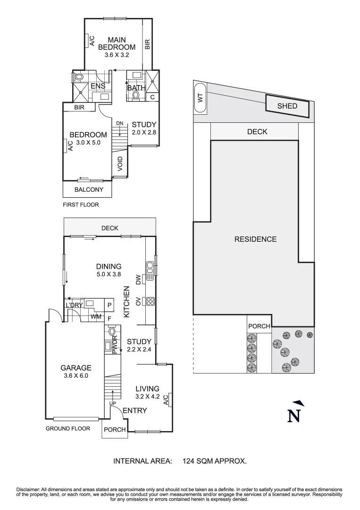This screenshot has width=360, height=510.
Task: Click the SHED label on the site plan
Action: (x=287, y=106)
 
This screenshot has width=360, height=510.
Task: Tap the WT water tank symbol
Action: (x=200, y=98)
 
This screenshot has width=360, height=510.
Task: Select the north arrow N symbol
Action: (x=294, y=414)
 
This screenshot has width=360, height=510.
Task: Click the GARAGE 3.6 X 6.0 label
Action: (x=75, y=372)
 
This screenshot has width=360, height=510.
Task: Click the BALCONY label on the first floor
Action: (x=88, y=190)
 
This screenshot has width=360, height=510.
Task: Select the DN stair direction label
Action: (x=119, y=124)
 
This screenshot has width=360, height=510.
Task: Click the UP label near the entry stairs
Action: (x=113, y=404)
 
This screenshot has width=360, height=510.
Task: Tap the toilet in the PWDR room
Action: (x=112, y=332)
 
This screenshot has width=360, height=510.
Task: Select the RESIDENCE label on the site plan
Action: (x=255, y=239)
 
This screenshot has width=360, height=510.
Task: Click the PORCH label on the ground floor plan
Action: (x=115, y=430)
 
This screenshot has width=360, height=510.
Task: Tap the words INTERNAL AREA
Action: (x=142, y=461)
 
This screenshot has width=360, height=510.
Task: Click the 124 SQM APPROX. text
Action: (x=215, y=461)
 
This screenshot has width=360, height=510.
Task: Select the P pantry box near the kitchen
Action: (x=109, y=305)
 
